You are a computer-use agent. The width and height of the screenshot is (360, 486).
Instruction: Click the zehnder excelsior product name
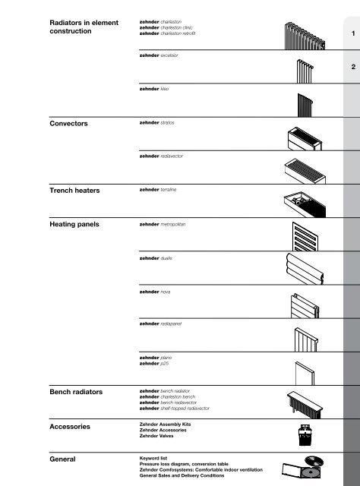(158, 55)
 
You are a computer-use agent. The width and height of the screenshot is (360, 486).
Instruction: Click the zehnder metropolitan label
(163, 226)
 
